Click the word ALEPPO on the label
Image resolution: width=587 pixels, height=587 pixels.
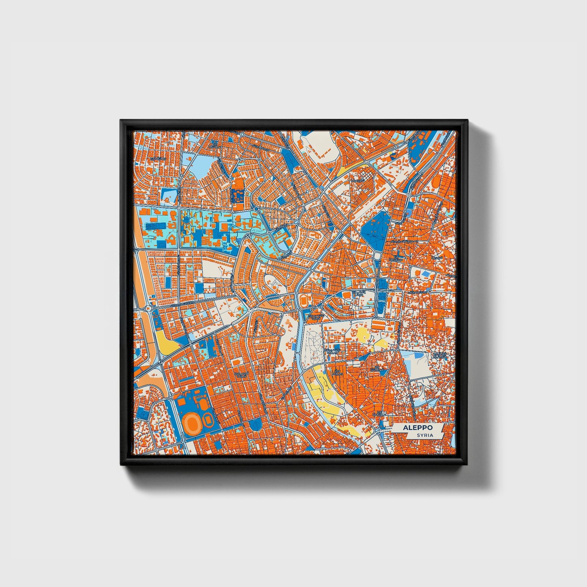click(x=418, y=428)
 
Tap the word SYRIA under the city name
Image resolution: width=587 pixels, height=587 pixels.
click(x=424, y=435)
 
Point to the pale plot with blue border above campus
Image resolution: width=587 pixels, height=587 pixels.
click(x=170, y=196)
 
